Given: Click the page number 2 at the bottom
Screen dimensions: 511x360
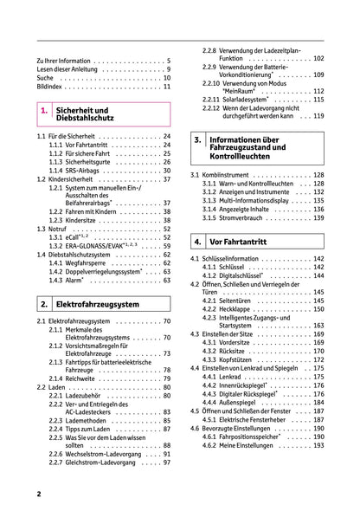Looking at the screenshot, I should [x=39, y=493].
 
